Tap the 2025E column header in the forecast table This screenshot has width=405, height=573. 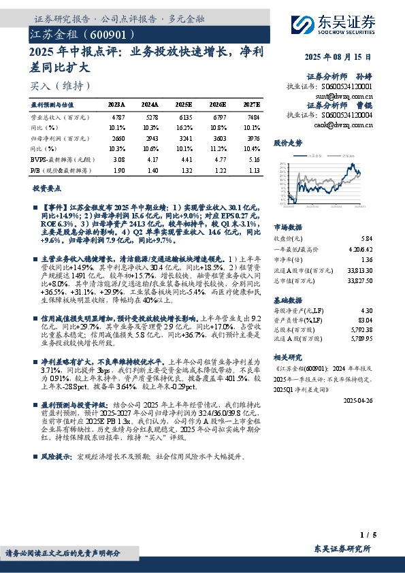pos(184,105)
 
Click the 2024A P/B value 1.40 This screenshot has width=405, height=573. pos(151,169)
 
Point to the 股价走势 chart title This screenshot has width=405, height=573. pos(287,144)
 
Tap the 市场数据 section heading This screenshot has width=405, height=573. pos(287,227)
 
